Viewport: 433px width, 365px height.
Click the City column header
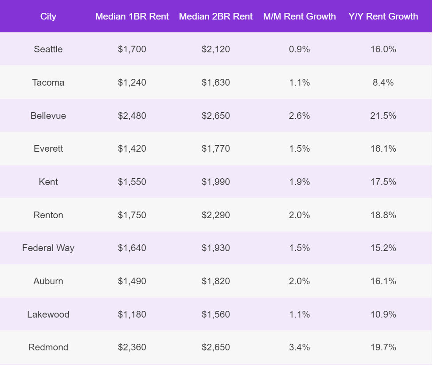pyautogui.click(x=48, y=16)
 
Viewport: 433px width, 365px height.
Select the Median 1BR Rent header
pyautogui.click(x=132, y=16)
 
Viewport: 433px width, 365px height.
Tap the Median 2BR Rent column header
pyautogui.click(x=216, y=16)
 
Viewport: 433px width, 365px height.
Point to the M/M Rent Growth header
pyautogui.click(x=300, y=16)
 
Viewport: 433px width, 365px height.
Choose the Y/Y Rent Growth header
pyautogui.click(x=383, y=16)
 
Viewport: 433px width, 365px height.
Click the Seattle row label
pyautogui.click(x=48, y=49)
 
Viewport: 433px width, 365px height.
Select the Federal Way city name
pyautogui.click(x=48, y=248)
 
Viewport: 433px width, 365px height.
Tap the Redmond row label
pyautogui.click(x=48, y=347)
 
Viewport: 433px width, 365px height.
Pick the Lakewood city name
pyautogui.click(x=48, y=314)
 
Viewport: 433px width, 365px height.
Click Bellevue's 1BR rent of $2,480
pyautogui.click(x=132, y=116)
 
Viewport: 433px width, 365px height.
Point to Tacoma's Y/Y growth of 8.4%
pyautogui.click(x=383, y=82)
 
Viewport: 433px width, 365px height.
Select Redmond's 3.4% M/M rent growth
pyautogui.click(x=300, y=347)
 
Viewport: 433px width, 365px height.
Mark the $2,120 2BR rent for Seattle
pyautogui.click(x=216, y=49)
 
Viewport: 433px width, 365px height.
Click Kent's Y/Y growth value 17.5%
pyautogui.click(x=383, y=182)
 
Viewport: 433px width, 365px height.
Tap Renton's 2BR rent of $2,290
pyautogui.click(x=216, y=215)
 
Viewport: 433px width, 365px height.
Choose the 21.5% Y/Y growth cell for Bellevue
pyautogui.click(x=383, y=116)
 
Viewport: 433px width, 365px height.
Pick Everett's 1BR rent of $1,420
pyautogui.click(x=132, y=149)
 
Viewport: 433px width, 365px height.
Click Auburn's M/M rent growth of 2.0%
pyautogui.click(x=300, y=281)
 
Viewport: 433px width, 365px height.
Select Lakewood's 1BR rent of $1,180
pyautogui.click(x=132, y=314)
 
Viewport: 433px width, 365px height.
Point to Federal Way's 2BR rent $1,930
pyautogui.click(x=216, y=248)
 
